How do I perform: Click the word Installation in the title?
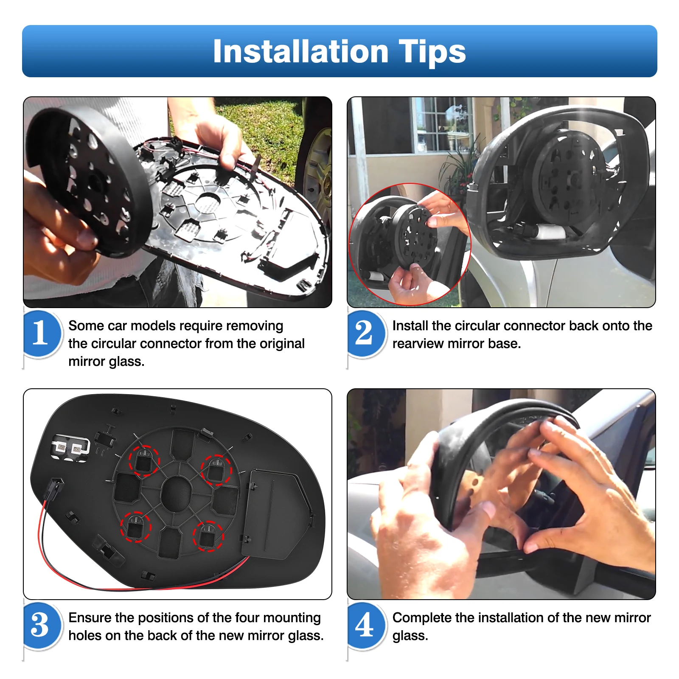pyautogui.click(x=300, y=51)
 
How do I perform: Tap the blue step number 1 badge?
pyautogui.click(x=41, y=334)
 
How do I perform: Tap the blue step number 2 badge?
pyautogui.click(x=366, y=334)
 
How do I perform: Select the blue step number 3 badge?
pyautogui.click(x=41, y=626)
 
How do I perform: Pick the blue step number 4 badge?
pyautogui.click(x=366, y=626)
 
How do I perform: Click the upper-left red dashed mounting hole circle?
pyautogui.click(x=144, y=461)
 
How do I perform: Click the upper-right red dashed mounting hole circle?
pyautogui.click(x=216, y=469)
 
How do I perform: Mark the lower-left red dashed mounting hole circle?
pyautogui.click(x=136, y=527)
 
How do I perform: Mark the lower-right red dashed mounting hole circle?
pyautogui.click(x=208, y=536)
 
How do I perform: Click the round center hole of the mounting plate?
pyautogui.click(x=177, y=494)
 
